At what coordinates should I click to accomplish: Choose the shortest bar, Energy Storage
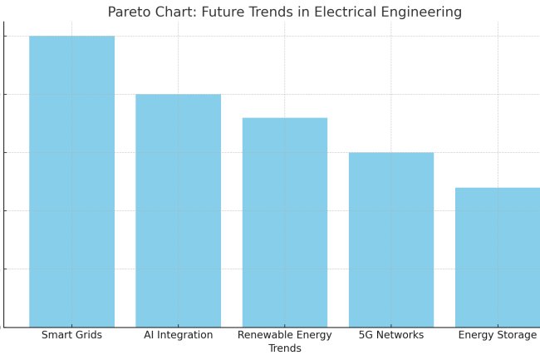click(497, 257)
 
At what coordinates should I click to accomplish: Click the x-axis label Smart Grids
click(71, 335)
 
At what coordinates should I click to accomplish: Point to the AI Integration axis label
click(178, 335)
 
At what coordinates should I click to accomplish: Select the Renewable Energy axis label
click(284, 335)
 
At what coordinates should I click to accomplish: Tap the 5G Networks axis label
click(390, 335)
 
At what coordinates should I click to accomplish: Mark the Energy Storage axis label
click(497, 335)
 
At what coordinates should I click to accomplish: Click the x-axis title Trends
click(284, 349)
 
